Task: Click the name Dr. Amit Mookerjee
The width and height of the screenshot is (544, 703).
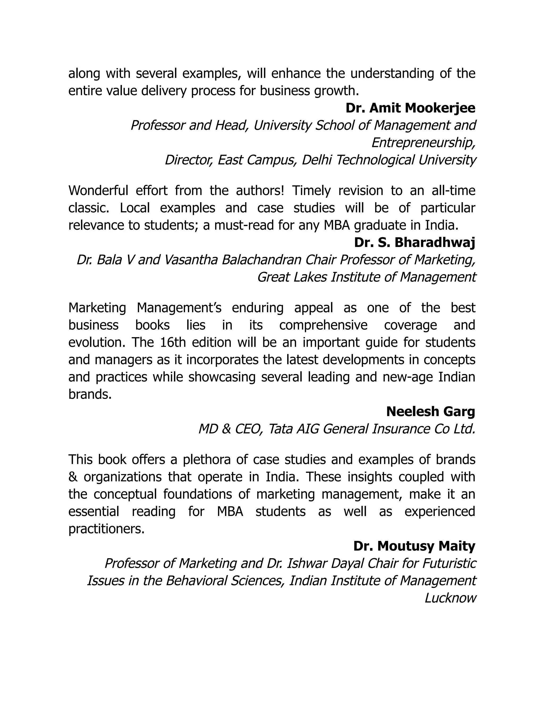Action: [410, 108]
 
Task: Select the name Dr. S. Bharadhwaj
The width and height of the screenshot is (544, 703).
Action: [414, 243]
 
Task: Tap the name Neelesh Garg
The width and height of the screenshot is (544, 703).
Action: [431, 411]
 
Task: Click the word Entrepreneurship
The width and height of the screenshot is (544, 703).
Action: [423, 143]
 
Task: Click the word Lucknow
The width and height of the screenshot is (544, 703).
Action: [450, 598]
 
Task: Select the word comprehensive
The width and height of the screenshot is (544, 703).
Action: [323, 325]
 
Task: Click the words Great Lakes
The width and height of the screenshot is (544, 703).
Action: [292, 277]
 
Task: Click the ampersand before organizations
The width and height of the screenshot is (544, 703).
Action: [73, 477]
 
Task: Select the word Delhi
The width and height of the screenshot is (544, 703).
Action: [317, 160]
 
